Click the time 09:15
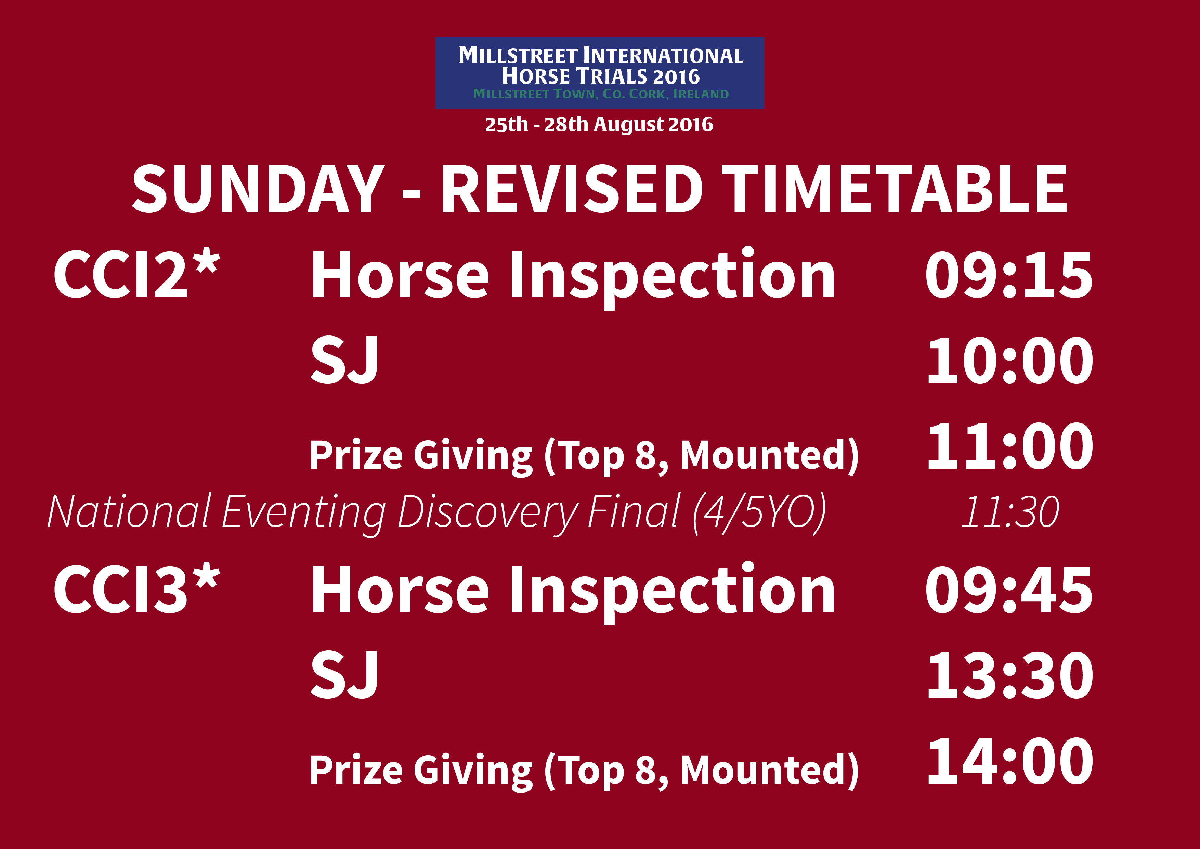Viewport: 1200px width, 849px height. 1009,275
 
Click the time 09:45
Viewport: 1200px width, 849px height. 1009,590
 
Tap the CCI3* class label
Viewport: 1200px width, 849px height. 137,588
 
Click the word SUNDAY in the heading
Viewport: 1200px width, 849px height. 258,189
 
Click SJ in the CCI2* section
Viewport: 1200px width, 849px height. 344,360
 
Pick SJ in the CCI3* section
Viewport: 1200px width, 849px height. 344,675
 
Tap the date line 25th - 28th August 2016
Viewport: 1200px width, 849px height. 599,125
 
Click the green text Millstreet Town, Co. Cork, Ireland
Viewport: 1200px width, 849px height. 601,94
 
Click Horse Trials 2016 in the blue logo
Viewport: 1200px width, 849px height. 601,76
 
